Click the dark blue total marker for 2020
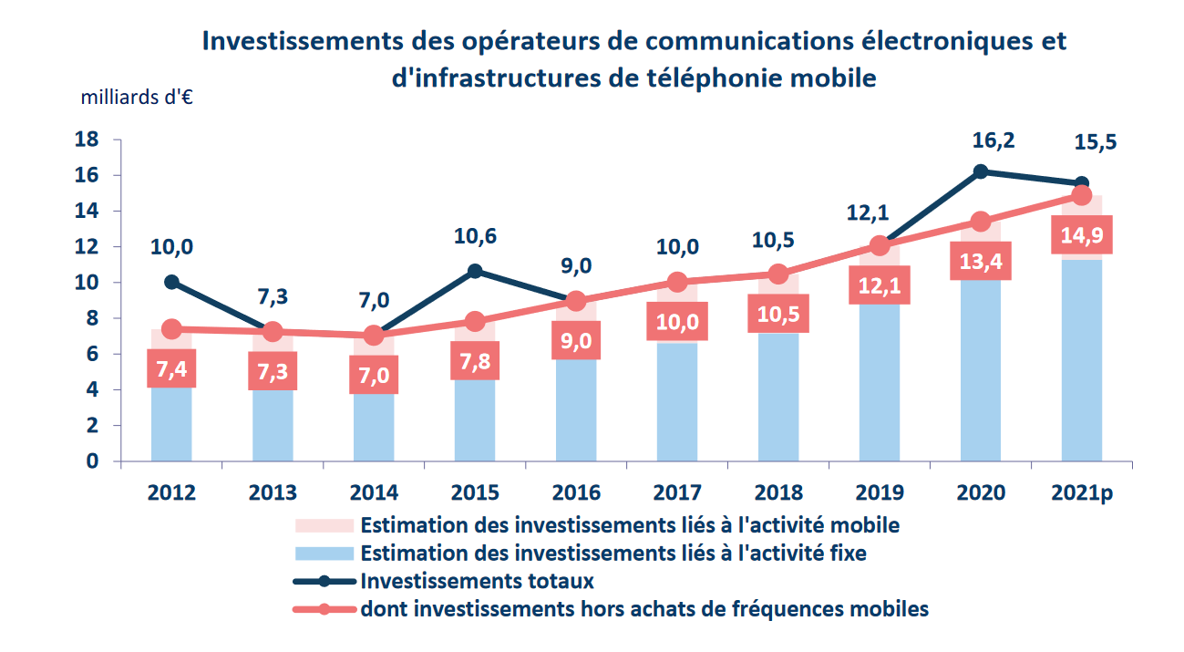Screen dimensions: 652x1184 [981, 171]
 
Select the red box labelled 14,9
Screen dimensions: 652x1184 [1082, 237]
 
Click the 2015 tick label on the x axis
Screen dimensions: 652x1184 [475, 492]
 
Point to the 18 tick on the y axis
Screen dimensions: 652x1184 [87, 140]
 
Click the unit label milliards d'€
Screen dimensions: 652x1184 [137, 98]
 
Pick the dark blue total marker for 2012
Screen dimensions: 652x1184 [171, 283]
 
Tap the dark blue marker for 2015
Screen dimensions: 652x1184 [475, 271]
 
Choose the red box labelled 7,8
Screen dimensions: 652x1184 [475, 360]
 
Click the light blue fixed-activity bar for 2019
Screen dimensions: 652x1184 [880, 383]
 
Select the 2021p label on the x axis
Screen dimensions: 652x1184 [1082, 492]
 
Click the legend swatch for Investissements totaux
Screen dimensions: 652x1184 [324, 581]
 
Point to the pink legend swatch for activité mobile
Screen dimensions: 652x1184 [324, 525]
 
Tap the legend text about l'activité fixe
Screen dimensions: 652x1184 [613, 553]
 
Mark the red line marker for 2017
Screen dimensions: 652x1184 [677, 283]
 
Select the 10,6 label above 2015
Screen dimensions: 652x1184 [475, 237]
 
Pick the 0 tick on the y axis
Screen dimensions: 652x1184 [92, 461]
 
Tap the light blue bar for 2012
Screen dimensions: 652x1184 [171, 424]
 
